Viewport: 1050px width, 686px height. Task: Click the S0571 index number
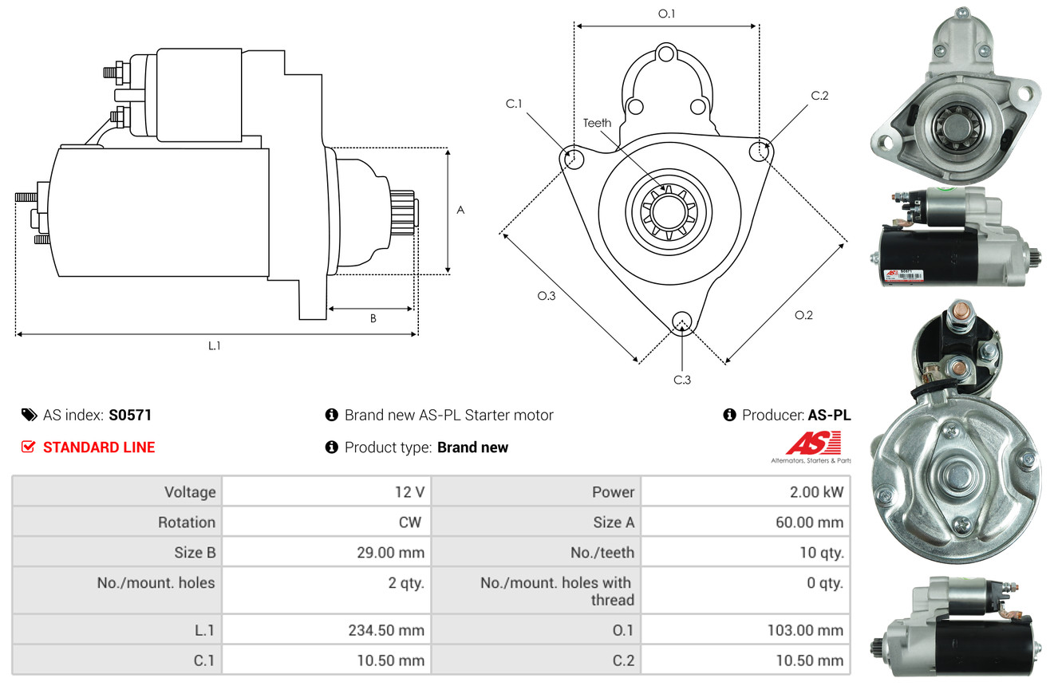pos(130,415)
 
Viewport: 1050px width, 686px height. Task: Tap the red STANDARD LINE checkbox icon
pos(28,447)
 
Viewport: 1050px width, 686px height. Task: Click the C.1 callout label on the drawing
pos(514,104)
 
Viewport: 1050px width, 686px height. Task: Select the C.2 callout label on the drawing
pos(819,96)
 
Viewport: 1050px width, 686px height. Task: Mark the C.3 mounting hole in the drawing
pos(681,321)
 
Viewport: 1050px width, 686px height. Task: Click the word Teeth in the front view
pos(597,123)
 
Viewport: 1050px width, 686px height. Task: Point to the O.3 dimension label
pos(546,296)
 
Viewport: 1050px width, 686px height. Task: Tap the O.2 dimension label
pos(803,315)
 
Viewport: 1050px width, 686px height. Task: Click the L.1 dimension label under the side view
pos(214,345)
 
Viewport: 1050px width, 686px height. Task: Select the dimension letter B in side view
pos(373,318)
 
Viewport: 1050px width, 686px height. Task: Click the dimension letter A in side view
pos(460,210)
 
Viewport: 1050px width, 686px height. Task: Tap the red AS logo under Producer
pos(814,443)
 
